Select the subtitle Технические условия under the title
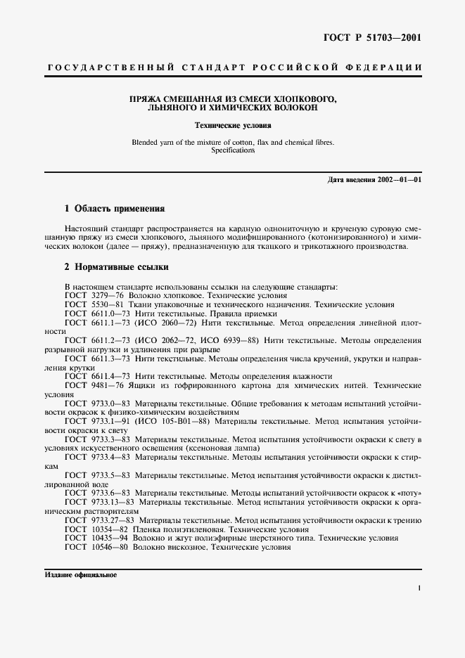232,126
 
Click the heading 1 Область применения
114,209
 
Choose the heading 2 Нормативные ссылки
116,268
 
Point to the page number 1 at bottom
419,588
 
